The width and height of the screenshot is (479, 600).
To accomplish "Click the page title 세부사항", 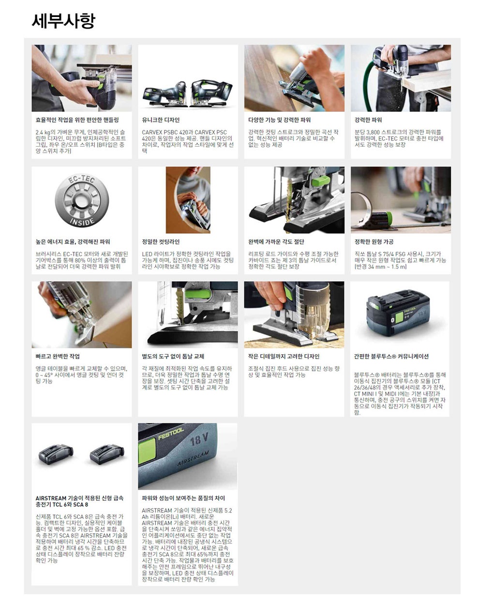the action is [63, 21].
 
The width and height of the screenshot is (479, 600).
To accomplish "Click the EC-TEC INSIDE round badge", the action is [82, 200].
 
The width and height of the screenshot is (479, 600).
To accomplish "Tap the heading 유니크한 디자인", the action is [161, 120].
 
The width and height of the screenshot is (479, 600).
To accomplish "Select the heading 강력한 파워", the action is [368, 120].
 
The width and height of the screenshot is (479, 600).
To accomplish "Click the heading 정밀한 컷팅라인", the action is [161, 242].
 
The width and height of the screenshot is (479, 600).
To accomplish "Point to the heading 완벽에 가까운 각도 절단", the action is [276, 242].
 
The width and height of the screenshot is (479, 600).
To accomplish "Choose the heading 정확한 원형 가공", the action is [374, 242].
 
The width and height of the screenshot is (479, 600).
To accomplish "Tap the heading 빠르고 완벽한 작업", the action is [58, 356].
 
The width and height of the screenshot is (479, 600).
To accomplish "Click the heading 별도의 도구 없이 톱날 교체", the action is [173, 356].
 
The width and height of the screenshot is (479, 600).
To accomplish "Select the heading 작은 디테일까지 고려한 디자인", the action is [284, 356].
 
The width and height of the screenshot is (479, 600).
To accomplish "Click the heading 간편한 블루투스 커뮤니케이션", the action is [391, 356].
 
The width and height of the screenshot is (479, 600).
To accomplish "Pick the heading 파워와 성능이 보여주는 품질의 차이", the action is [183, 498].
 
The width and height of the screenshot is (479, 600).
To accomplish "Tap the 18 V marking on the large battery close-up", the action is [199, 440].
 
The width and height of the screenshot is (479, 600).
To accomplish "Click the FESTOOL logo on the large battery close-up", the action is [171, 434].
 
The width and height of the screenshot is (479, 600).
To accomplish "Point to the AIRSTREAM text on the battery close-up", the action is [193, 458].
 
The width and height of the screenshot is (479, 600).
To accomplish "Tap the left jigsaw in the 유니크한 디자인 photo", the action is [165, 94].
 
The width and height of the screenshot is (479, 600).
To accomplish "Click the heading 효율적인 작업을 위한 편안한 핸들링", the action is [77, 120].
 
